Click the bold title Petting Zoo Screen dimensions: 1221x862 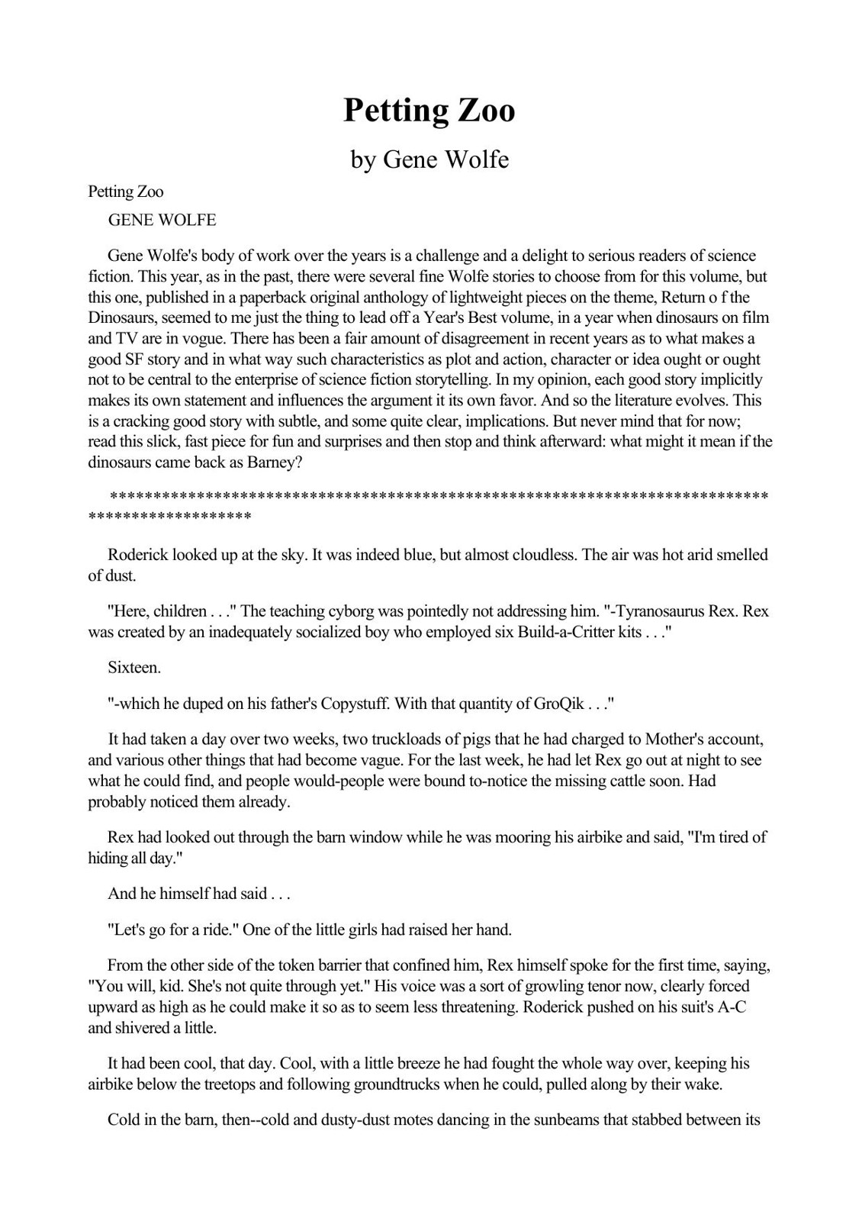429,111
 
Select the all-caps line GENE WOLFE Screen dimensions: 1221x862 162,221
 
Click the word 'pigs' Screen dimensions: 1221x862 457,739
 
